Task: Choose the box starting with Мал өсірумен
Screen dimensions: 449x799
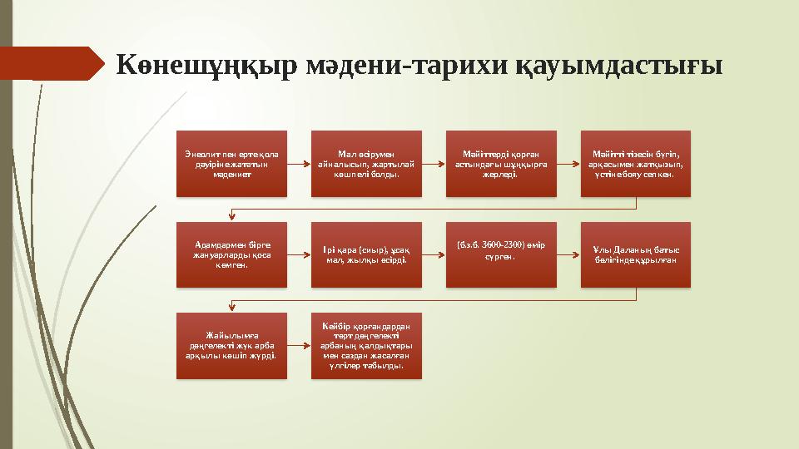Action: click(x=366, y=163)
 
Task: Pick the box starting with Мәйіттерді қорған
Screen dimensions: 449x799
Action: click(x=501, y=163)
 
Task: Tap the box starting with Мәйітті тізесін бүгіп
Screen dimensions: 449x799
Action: click(x=636, y=163)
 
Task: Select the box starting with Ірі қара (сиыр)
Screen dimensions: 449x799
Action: click(x=366, y=254)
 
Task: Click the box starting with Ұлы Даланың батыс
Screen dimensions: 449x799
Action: click(x=636, y=254)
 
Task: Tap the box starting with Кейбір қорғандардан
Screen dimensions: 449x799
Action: click(x=366, y=346)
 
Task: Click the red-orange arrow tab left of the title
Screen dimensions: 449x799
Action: click(x=50, y=62)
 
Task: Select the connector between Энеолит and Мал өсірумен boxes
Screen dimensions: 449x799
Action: click(x=299, y=163)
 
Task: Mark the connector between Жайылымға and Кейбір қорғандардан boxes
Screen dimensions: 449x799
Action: click(x=299, y=346)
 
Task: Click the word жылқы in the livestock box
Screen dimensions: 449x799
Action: click(x=370, y=260)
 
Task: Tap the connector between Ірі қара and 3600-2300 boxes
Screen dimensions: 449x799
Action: click(x=434, y=254)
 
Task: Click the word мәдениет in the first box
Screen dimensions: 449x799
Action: click(x=231, y=175)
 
